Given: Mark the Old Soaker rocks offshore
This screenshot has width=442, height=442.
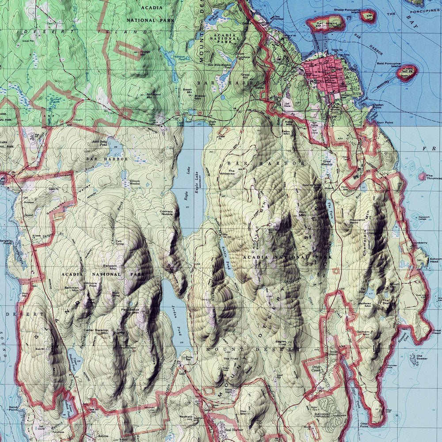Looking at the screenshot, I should pyautogui.click(x=415, y=359).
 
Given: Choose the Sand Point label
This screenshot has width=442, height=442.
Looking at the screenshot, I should pyautogui.click(x=13, y=408).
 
